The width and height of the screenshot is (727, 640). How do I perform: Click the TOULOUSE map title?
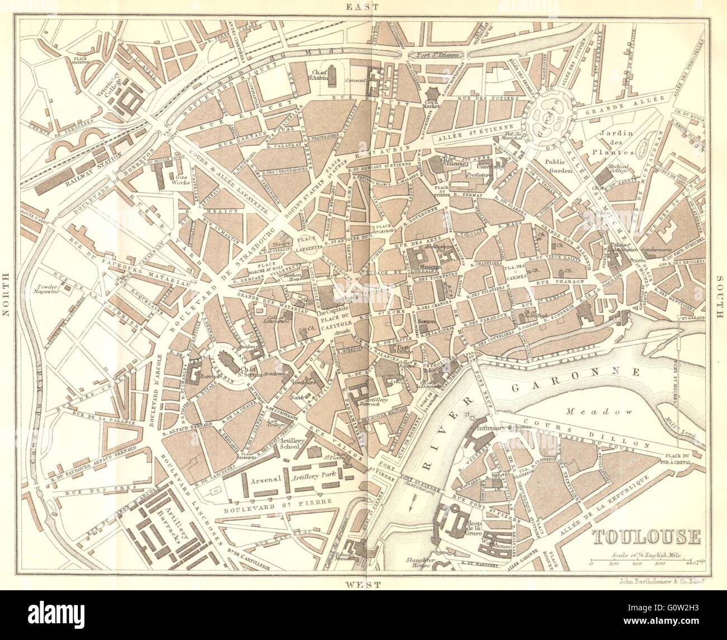coord(646,537)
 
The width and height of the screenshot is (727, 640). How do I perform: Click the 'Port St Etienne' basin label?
coord(435,55)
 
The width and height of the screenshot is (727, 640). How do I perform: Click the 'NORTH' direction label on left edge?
coord(7,295)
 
